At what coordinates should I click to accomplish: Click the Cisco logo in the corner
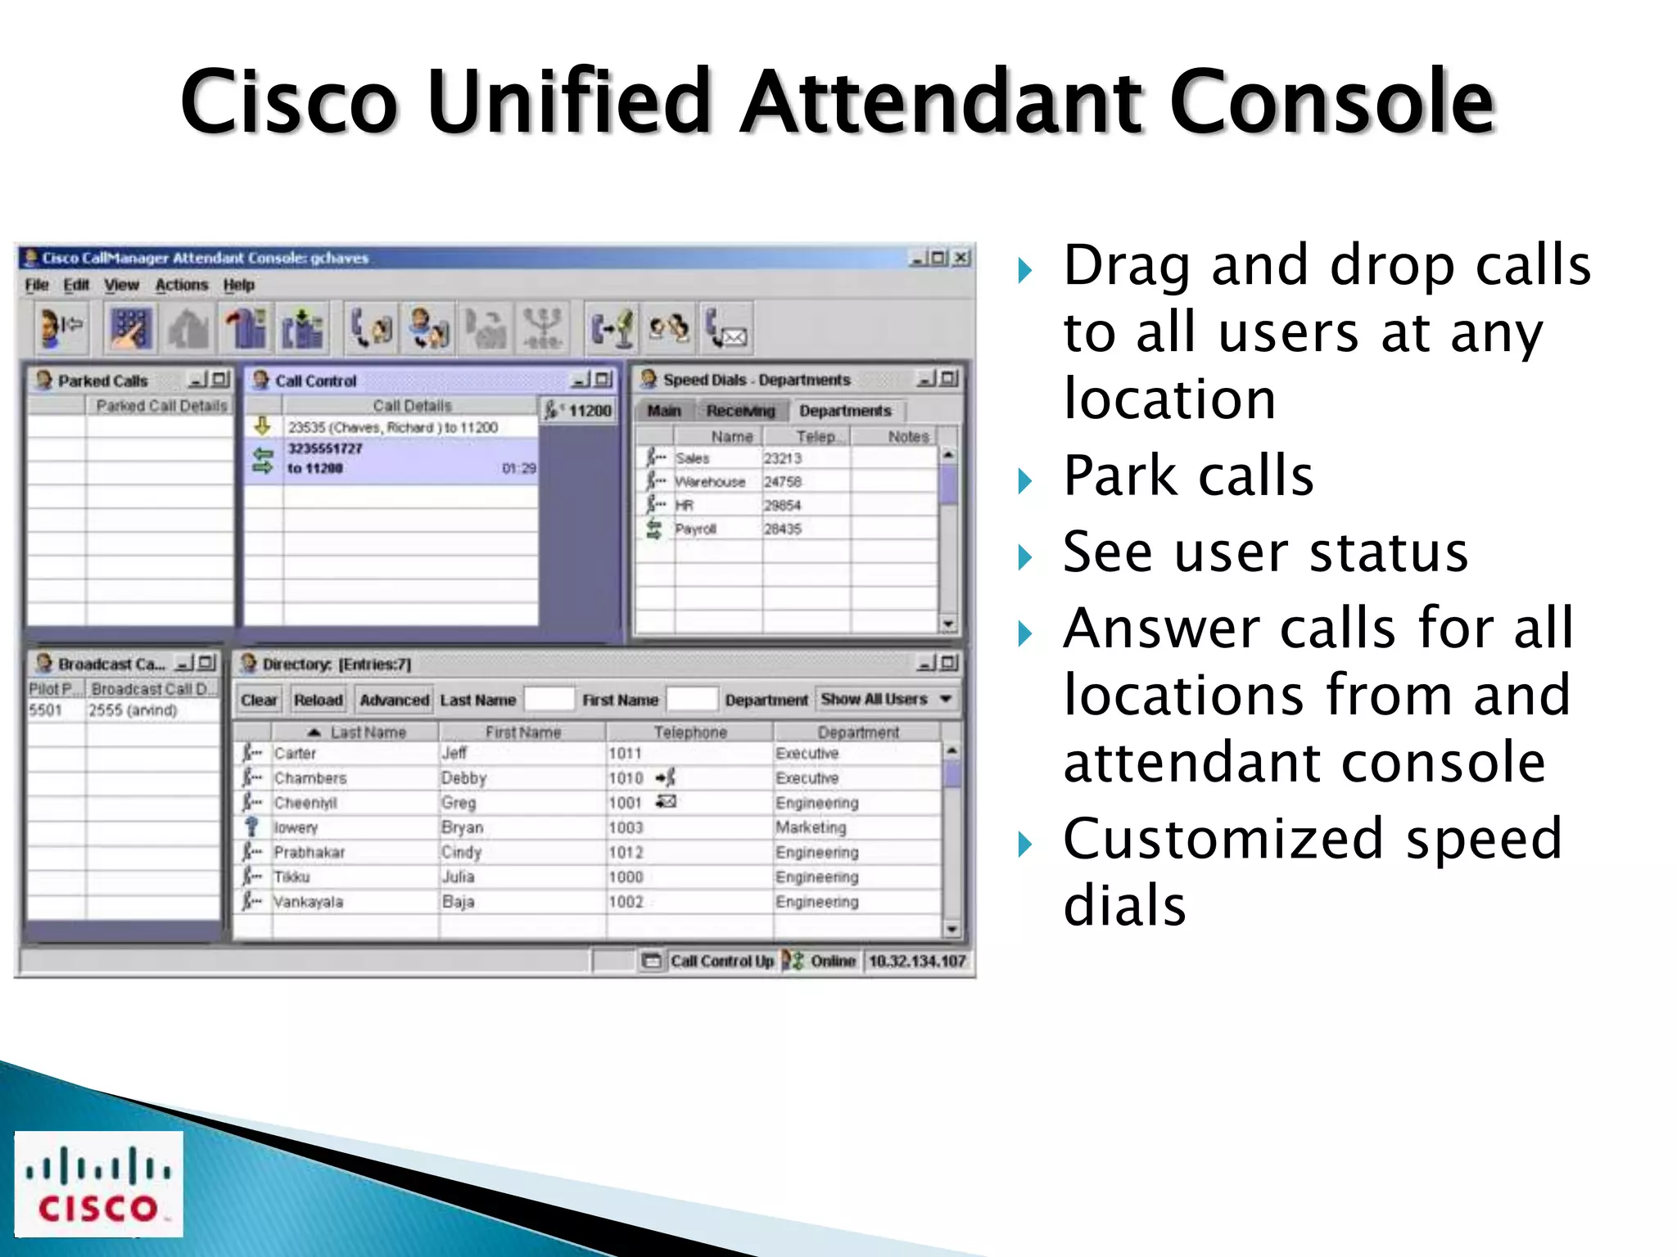(x=98, y=1183)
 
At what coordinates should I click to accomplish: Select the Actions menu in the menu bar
(x=182, y=285)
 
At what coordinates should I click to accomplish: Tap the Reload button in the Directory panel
(x=318, y=700)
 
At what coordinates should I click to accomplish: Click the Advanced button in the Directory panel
(x=394, y=700)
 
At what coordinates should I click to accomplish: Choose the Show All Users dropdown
(x=886, y=699)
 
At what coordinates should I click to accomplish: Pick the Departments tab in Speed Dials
(x=845, y=411)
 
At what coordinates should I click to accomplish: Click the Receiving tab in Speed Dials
(x=740, y=411)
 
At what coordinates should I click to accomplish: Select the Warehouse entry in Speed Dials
(x=710, y=482)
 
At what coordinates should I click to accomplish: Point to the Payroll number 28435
(x=783, y=529)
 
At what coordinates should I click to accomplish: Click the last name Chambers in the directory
(x=310, y=778)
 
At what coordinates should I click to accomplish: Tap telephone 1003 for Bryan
(x=626, y=827)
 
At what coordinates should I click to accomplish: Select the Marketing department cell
(x=811, y=827)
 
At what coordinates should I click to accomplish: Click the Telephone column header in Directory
(x=689, y=732)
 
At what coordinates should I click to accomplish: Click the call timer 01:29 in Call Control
(x=518, y=468)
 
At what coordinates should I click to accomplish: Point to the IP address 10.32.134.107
(x=916, y=961)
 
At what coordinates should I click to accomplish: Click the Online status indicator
(x=832, y=961)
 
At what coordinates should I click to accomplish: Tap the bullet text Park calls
(x=1187, y=475)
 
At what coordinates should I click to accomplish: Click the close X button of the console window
(x=961, y=258)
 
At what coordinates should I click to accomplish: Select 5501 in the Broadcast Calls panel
(x=46, y=710)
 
